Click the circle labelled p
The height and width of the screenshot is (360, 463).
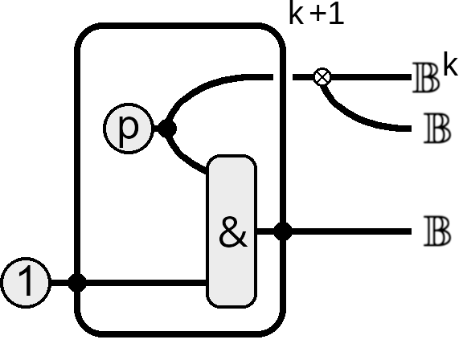click(x=129, y=129)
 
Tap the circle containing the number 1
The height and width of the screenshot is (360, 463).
click(x=26, y=283)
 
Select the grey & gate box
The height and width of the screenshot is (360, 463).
click(x=231, y=231)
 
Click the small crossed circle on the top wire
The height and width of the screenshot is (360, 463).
click(x=322, y=77)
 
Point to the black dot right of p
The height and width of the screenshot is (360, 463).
click(x=168, y=129)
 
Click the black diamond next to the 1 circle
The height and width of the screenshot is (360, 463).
click(x=77, y=283)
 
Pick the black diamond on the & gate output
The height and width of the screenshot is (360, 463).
click(x=283, y=231)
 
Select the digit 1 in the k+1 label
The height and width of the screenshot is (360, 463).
click(x=337, y=13)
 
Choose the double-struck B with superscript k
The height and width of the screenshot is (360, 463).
click(x=426, y=78)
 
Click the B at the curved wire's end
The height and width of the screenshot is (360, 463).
click(x=437, y=129)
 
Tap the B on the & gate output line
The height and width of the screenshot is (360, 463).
click(x=437, y=231)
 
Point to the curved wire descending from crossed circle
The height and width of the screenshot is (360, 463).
click(x=354, y=116)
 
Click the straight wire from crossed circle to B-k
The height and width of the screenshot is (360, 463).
click(x=371, y=77)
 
